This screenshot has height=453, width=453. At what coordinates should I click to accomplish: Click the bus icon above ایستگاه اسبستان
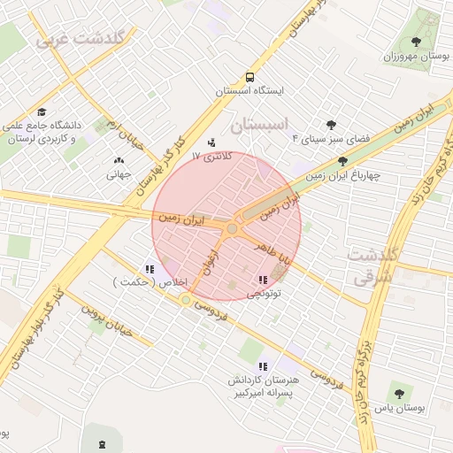[250, 77]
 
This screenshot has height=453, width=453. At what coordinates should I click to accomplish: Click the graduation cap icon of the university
[42, 112]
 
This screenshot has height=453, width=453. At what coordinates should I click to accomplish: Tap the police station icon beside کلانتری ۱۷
[211, 142]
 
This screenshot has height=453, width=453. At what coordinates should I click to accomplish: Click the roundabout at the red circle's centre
[232, 229]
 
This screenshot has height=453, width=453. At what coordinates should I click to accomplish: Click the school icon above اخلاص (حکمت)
[149, 269]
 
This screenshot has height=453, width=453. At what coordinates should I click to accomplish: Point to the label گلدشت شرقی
[374, 265]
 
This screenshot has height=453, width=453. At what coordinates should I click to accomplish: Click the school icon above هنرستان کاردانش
[261, 365]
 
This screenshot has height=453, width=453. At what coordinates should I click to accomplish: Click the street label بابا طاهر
[271, 250]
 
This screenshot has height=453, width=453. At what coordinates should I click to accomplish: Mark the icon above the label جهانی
[119, 161]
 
